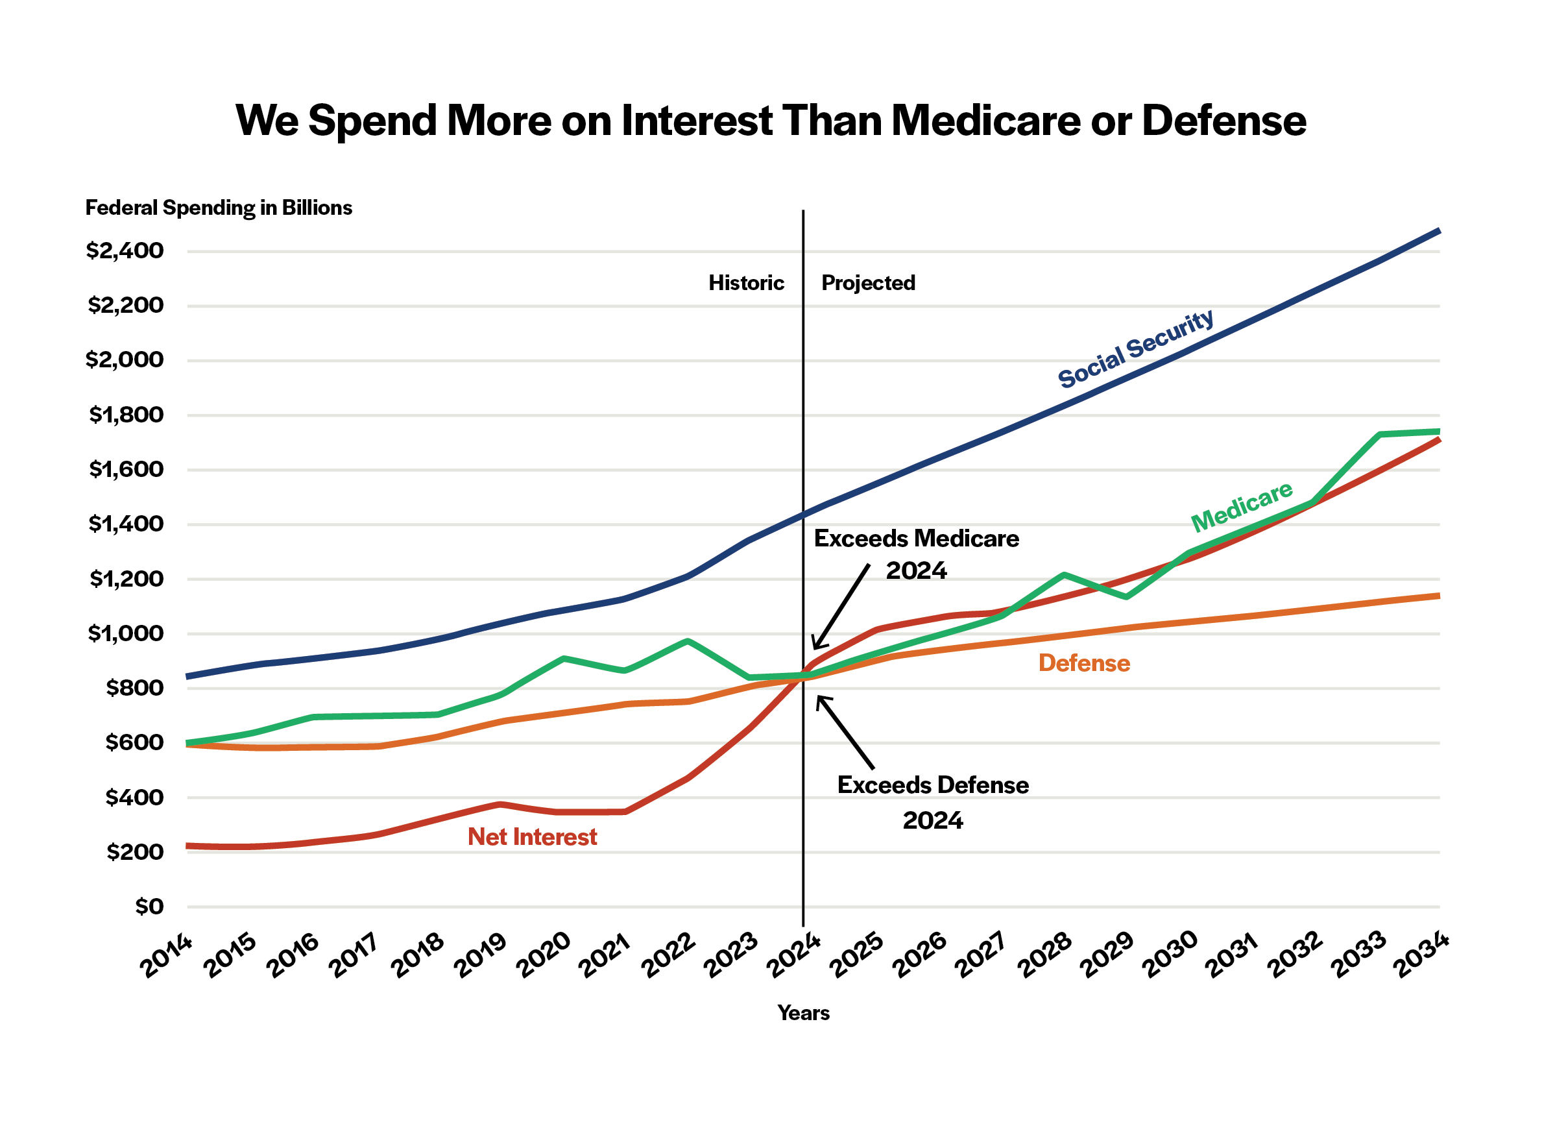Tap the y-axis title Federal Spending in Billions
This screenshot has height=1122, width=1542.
tap(218, 208)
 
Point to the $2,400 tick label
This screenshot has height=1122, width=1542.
tap(125, 251)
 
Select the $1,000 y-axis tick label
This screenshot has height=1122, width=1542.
tap(126, 634)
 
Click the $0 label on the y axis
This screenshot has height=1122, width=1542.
tap(149, 907)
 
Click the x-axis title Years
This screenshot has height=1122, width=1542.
tap(803, 1013)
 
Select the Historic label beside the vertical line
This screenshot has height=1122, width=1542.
tap(746, 283)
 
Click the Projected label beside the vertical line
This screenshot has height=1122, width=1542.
tap(868, 283)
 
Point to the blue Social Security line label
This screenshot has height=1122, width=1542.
tap(1135, 348)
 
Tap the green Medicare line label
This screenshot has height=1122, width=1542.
tap(1242, 507)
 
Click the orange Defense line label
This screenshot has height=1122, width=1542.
tap(1084, 663)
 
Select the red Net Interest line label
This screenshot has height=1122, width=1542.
tap(532, 837)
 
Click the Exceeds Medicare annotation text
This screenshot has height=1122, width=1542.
tap(916, 539)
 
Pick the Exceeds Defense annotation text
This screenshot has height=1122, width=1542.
tap(932, 785)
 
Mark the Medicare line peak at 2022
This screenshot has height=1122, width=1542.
tap(688, 641)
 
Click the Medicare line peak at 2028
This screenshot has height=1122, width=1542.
tap(1064, 576)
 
